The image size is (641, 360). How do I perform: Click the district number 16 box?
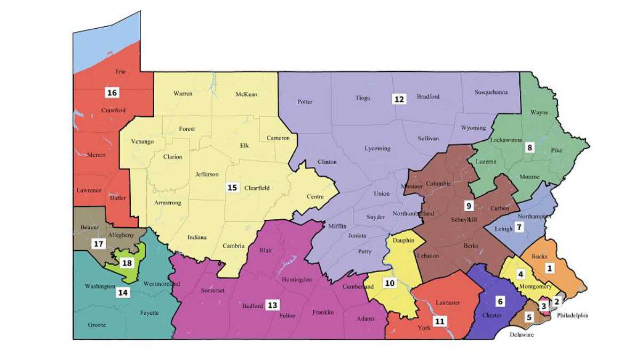112,93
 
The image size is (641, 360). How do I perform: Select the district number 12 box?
399,99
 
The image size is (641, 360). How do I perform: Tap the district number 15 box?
232,188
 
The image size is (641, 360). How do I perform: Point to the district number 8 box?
529,148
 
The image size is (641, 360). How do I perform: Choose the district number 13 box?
273,305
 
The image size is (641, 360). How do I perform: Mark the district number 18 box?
126,263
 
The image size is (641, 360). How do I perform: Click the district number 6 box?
500,301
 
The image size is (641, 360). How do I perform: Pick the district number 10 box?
390,283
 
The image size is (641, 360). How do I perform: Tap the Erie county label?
120,71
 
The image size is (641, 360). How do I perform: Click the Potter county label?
305,102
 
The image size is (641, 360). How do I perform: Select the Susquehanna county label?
491,92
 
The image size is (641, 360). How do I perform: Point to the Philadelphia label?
573,315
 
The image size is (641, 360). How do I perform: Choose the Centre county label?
315,197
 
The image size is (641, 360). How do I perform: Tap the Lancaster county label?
448,302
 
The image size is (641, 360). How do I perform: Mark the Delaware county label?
521,335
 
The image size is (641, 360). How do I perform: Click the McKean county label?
246,94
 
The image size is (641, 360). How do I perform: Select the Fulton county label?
287,316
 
